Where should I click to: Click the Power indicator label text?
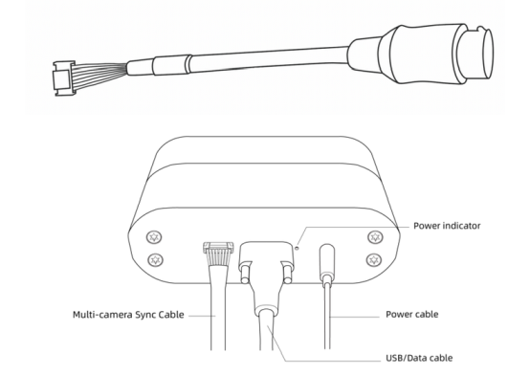[447, 226]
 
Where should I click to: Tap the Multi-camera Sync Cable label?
[128, 315]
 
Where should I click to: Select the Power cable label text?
[412, 314]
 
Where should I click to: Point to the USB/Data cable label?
[419, 358]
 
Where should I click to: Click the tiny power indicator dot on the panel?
[298, 248]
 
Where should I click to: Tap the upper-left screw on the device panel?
[154, 237]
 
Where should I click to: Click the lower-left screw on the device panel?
[156, 260]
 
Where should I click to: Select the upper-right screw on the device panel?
[375, 237]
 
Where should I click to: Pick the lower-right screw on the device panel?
[374, 260]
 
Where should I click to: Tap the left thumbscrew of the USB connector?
[245, 274]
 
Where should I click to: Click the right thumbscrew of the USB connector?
[287, 274]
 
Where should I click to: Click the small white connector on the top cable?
[63, 78]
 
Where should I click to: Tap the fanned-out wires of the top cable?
[99, 74]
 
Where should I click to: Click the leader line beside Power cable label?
[355, 317]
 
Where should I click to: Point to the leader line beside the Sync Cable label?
[202, 316]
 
